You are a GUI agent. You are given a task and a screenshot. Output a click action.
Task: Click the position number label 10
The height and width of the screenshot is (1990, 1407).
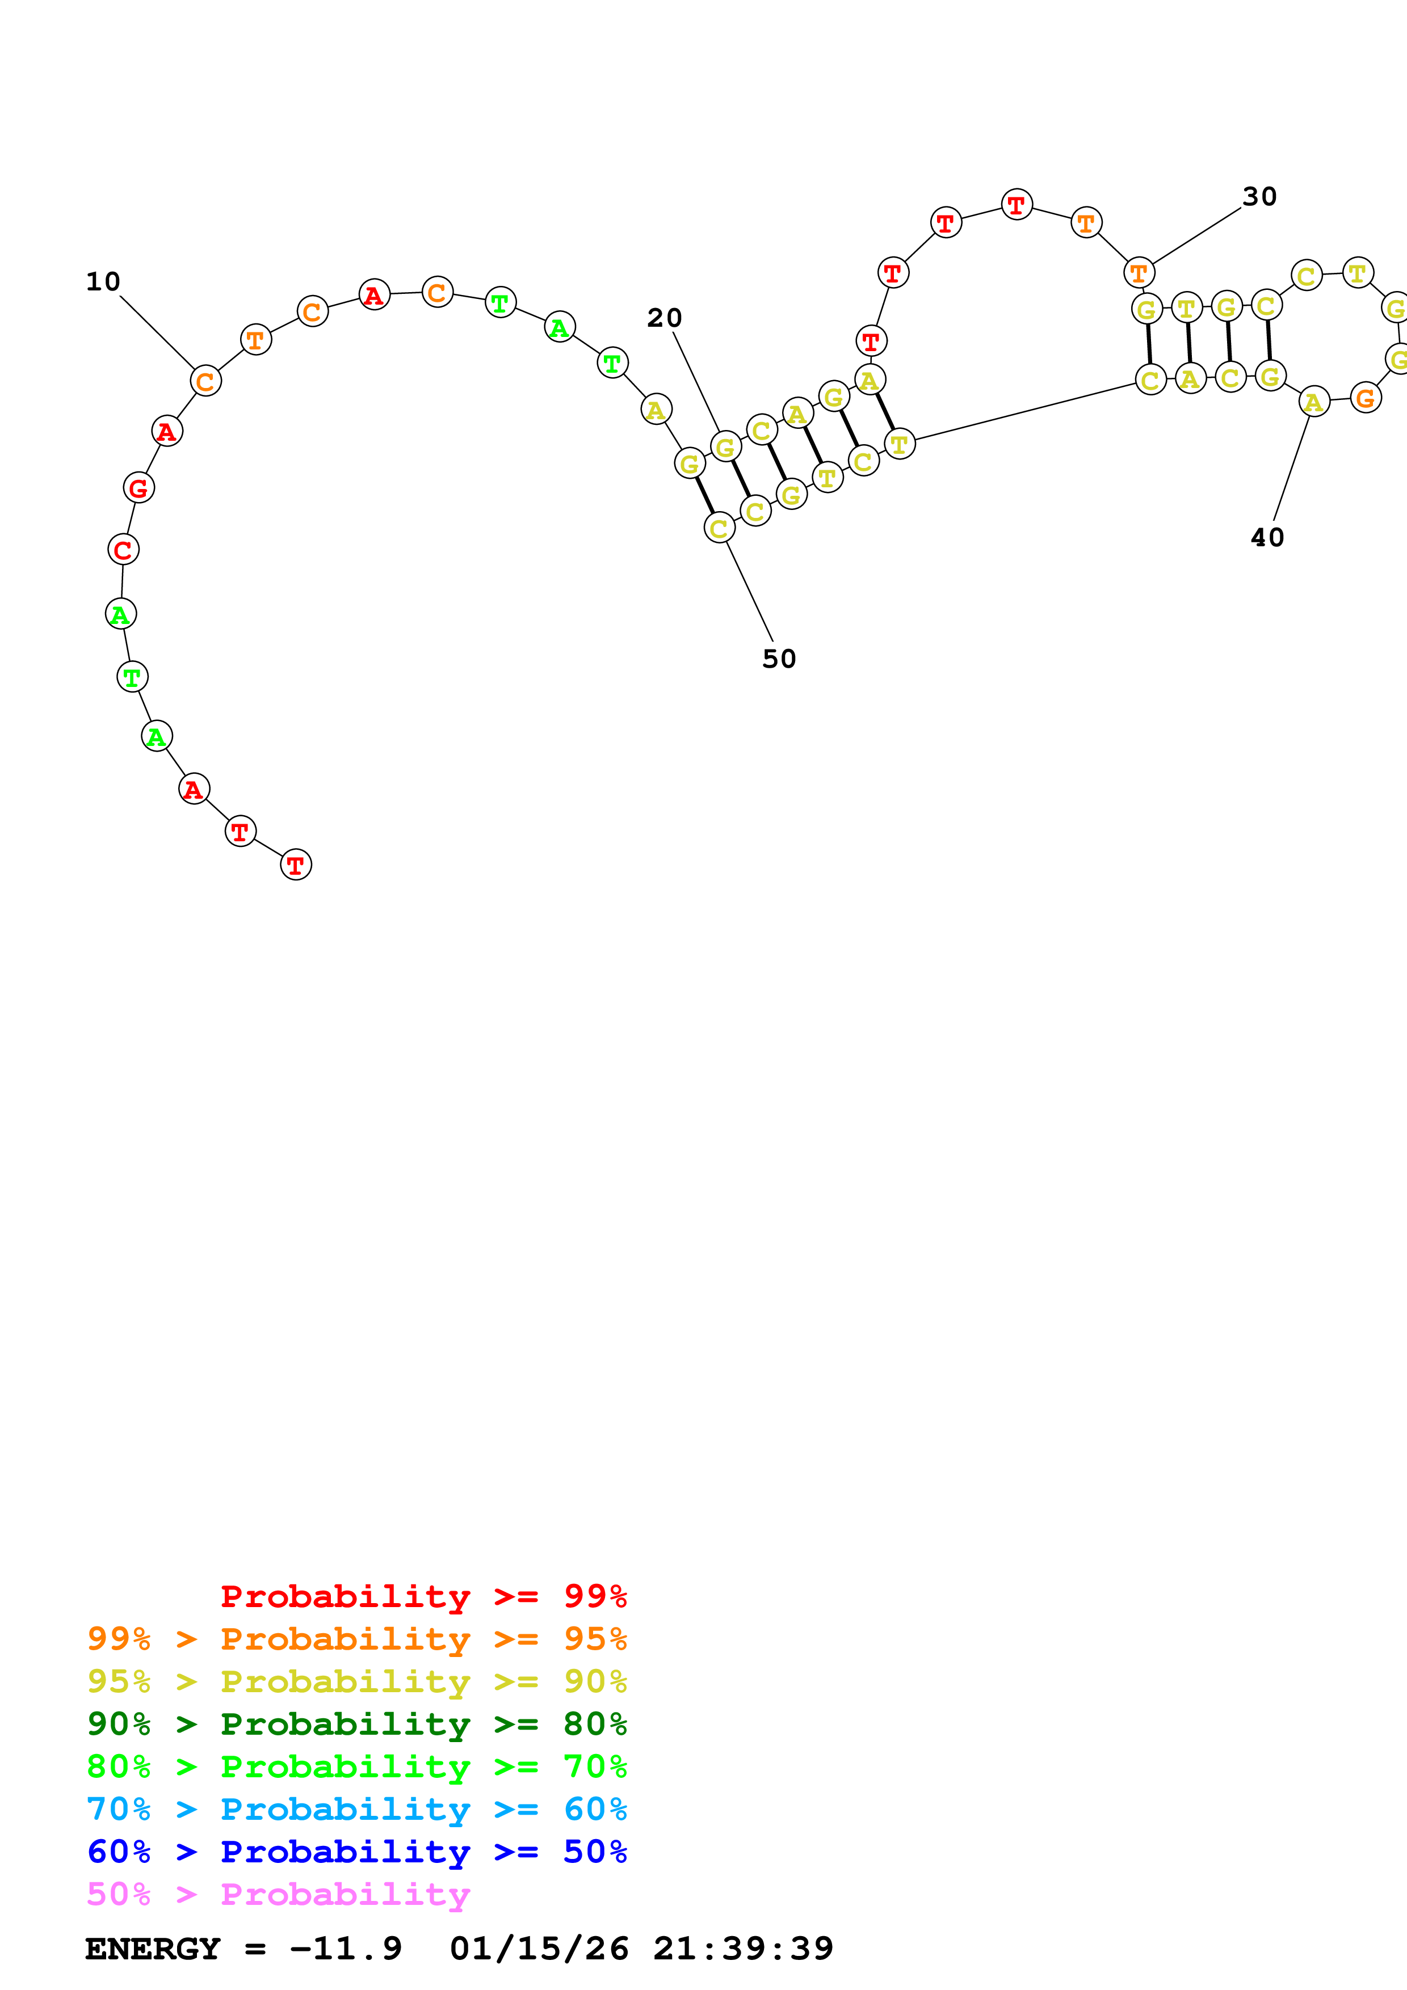coord(103,282)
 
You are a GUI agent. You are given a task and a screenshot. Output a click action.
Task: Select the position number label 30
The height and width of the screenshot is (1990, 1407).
coord(1259,197)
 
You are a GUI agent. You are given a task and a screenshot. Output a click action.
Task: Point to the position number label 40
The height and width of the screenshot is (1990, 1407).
coord(1267,537)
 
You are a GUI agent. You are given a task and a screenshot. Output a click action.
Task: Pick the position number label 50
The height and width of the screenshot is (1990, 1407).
coord(779,659)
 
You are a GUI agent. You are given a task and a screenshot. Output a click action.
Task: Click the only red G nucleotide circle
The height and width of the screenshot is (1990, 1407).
coord(138,488)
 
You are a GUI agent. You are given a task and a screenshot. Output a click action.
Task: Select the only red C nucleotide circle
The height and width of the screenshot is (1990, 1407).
coord(123,550)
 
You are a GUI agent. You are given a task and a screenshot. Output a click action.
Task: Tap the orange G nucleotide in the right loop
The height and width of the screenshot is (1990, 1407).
coord(1366,398)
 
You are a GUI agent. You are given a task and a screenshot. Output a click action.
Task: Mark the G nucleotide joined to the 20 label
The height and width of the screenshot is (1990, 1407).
coord(725,447)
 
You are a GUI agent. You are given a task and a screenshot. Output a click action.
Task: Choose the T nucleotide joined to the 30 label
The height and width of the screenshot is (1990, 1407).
coord(1139,273)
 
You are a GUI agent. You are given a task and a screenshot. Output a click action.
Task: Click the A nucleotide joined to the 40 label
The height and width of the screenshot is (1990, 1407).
coord(1314,401)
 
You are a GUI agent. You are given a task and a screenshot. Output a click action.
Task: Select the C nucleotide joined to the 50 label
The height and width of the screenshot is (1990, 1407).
coord(719,527)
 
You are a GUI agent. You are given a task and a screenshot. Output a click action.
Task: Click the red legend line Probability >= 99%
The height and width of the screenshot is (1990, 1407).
coord(423,1596)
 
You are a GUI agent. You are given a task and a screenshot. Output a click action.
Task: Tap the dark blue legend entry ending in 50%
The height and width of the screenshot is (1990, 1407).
coord(356,1852)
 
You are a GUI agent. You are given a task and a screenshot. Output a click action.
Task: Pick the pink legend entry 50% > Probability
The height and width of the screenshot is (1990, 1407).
coord(278,1894)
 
